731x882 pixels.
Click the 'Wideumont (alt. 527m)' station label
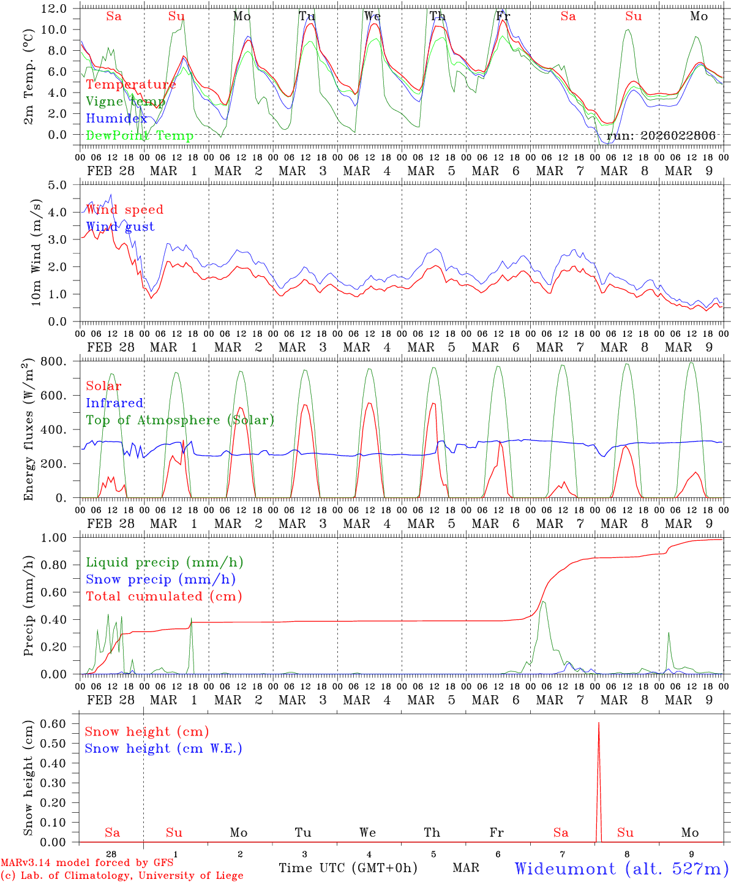pyautogui.click(x=621, y=869)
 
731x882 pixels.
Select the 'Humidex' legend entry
pyautogui.click(x=116, y=119)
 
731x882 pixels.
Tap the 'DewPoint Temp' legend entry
pyautogui.click(x=140, y=136)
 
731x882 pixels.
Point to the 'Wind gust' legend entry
pyautogui.click(x=120, y=227)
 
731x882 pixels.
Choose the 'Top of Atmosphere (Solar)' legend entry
pyautogui.click(x=179, y=420)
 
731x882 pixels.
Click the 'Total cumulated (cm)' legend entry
pyautogui.click(x=163, y=596)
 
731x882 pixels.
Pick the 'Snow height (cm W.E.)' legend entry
pyautogui.click(x=163, y=748)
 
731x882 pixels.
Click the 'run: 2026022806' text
pyautogui.click(x=661, y=136)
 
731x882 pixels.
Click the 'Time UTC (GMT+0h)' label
pyautogui.click(x=348, y=868)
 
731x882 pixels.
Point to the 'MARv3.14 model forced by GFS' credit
pyautogui.click(x=86, y=863)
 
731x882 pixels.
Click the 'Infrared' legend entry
pyautogui.click(x=114, y=403)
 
